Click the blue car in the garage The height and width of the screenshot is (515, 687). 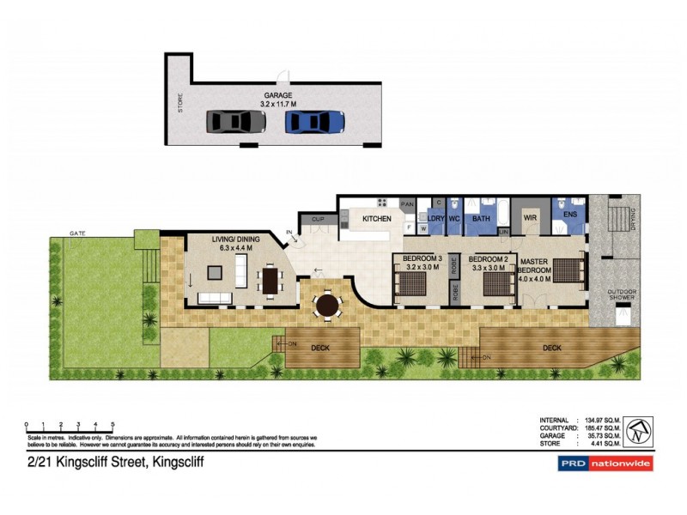pos(314,121)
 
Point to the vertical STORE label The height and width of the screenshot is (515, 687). pos(180,104)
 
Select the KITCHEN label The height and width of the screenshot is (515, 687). pos(376,219)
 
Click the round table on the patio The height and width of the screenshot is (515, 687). pos(327,305)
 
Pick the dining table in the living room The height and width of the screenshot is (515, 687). pos(271,279)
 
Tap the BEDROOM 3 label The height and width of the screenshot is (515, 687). pos(421,258)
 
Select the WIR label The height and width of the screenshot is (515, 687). pos(530,219)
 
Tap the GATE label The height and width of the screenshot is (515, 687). pos(78,233)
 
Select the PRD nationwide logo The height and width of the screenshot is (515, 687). pos(600,463)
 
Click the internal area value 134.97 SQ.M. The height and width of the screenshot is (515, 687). pos(602,420)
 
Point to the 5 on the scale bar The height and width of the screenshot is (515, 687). pos(112,425)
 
